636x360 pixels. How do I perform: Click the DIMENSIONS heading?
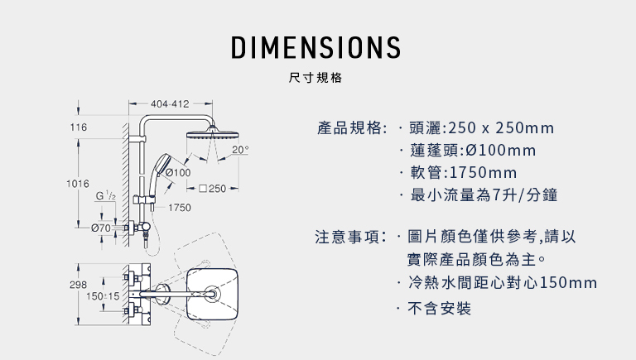(316, 47)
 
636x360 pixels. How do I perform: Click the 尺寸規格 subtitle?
(316, 78)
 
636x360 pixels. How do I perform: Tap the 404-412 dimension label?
(170, 104)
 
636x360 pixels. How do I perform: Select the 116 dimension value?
(79, 127)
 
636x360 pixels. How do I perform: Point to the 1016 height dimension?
(78, 184)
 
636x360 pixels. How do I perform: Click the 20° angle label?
(240, 150)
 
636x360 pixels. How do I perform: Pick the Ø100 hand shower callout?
(178, 172)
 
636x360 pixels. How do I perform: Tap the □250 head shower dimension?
(213, 189)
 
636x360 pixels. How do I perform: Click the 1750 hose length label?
(179, 208)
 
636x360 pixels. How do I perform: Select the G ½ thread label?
(105, 195)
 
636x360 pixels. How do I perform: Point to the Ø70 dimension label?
(101, 228)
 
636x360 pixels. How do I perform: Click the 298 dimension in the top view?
(78, 285)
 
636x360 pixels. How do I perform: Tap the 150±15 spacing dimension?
(103, 296)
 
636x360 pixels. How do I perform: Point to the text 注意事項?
(348, 237)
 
